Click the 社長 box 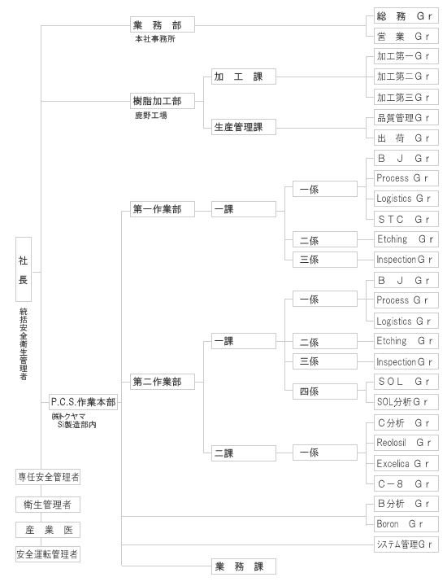(x=24, y=269)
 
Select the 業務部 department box (x=163, y=24)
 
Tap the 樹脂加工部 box (x=163, y=101)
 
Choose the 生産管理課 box (x=244, y=127)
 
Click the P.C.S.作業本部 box (x=83, y=402)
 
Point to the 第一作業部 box (x=163, y=209)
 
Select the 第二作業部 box (x=163, y=382)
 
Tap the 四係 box (x=324, y=391)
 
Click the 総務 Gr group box (x=406, y=16)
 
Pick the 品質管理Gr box (x=406, y=118)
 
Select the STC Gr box (x=406, y=219)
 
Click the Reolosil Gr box (x=406, y=443)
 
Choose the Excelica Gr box (x=406, y=463)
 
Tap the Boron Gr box (x=406, y=524)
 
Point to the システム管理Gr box (x=406, y=544)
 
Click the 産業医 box (x=48, y=530)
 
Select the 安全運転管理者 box (x=48, y=554)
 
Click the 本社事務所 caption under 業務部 (x=155, y=39)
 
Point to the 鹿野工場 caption (x=150, y=115)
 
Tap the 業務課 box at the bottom (x=244, y=566)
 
